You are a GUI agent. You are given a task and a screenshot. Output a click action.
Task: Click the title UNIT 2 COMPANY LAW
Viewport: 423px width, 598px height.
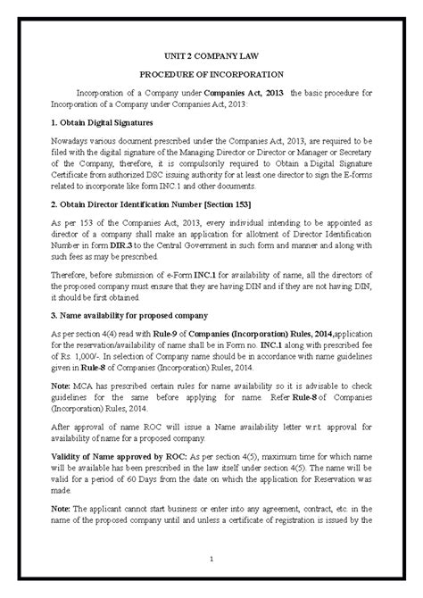coord(211,54)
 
